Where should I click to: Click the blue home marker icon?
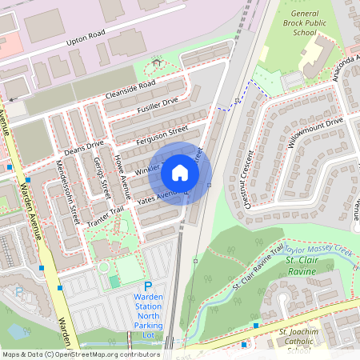180,172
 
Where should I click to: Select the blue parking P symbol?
148,286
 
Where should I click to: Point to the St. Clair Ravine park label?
310,266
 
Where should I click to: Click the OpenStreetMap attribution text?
80,354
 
